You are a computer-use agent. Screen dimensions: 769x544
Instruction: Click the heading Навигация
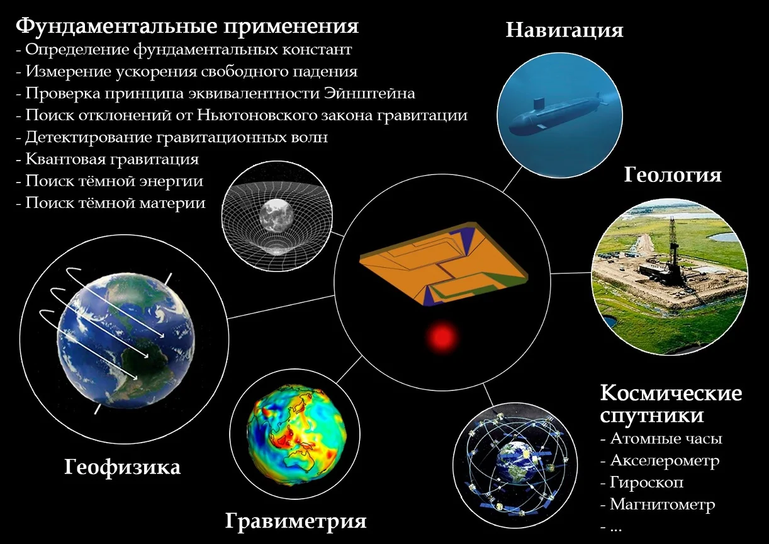click(564, 30)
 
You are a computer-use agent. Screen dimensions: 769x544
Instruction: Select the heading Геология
click(673, 176)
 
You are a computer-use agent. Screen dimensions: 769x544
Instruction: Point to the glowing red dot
click(441, 337)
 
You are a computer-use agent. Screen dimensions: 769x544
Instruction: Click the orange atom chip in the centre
click(444, 263)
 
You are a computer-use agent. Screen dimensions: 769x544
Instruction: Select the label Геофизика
click(122, 468)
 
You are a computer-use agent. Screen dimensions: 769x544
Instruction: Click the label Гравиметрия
click(296, 521)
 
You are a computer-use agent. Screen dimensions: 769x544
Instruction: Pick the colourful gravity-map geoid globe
click(296, 434)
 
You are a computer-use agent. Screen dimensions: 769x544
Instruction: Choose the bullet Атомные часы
click(661, 439)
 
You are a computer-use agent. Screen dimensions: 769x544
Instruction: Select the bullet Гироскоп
click(642, 482)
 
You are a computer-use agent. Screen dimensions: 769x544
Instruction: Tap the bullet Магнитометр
click(658, 504)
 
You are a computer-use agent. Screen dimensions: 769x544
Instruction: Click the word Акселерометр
click(665, 461)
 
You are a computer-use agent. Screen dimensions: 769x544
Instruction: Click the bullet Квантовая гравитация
click(108, 159)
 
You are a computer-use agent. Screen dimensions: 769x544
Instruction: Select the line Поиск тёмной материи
click(111, 203)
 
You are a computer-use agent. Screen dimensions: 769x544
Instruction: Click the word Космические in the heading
click(671, 394)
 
